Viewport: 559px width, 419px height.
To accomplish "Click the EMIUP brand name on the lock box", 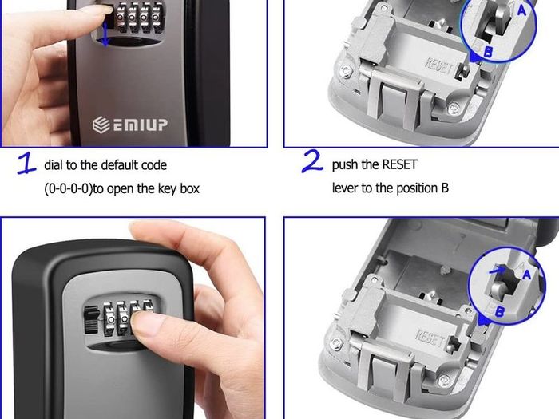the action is (x=140, y=125).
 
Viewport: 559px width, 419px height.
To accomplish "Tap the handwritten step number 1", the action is (x=26, y=163).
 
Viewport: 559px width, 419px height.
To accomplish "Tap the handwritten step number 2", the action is (x=312, y=161).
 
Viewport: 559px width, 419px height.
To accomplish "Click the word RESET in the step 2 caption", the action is (x=399, y=164).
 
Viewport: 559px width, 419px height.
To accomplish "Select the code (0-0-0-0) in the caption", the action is (x=68, y=188).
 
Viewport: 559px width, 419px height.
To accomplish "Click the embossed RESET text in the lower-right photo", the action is (x=430, y=338).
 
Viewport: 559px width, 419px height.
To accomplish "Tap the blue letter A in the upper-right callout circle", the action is (x=521, y=10).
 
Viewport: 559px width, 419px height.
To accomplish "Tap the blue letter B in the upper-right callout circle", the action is (x=489, y=52).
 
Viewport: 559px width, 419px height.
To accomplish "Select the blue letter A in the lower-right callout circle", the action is (x=526, y=274).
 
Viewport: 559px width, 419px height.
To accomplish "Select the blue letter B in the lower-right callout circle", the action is (x=499, y=311).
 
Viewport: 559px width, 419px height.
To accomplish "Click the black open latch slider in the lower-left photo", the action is (x=92, y=319).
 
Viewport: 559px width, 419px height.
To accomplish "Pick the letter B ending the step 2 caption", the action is (x=445, y=188).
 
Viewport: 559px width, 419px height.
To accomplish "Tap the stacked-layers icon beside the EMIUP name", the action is (x=101, y=125).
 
